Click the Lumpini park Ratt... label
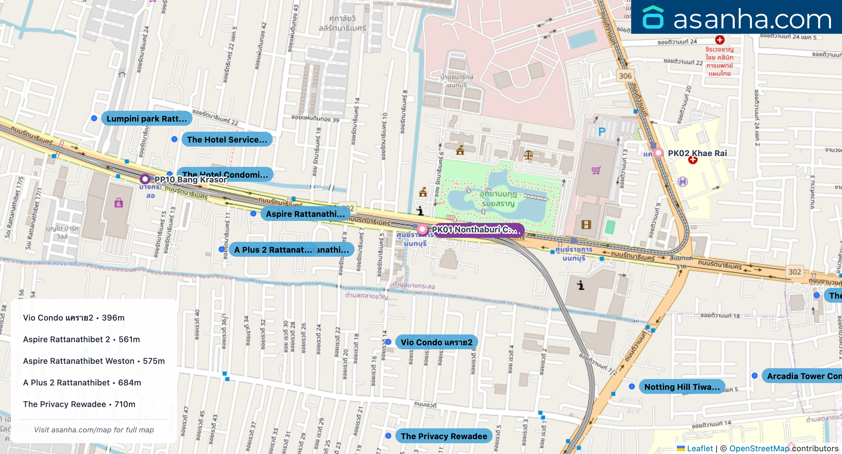pyautogui.click(x=146, y=119)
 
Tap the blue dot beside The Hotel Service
pyautogui.click(x=174, y=139)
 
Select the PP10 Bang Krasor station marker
pyautogui.click(x=145, y=179)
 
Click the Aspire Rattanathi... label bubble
pyautogui.click(x=305, y=214)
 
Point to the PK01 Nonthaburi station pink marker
pyautogui.click(x=422, y=229)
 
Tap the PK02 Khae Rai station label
pyautogui.click(x=697, y=153)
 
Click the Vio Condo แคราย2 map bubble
pyautogui.click(x=436, y=342)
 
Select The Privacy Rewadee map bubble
pyautogui.click(x=444, y=436)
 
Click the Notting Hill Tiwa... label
pyautogui.click(x=681, y=387)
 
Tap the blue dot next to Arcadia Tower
pyautogui.click(x=755, y=376)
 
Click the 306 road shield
pyautogui.click(x=625, y=76)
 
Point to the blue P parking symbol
pyautogui.click(x=602, y=132)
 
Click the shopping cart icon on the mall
pyautogui.click(x=596, y=170)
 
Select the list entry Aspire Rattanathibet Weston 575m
pyautogui.click(x=94, y=361)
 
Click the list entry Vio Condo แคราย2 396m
pyautogui.click(x=74, y=318)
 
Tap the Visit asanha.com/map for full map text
pyautogui.click(x=94, y=430)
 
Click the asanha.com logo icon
pyautogui.click(x=653, y=17)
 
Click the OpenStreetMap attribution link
pyautogui.click(x=759, y=448)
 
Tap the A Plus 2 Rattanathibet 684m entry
pyautogui.click(x=82, y=382)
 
